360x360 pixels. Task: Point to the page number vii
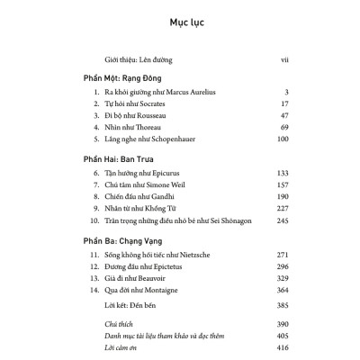(283, 61)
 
